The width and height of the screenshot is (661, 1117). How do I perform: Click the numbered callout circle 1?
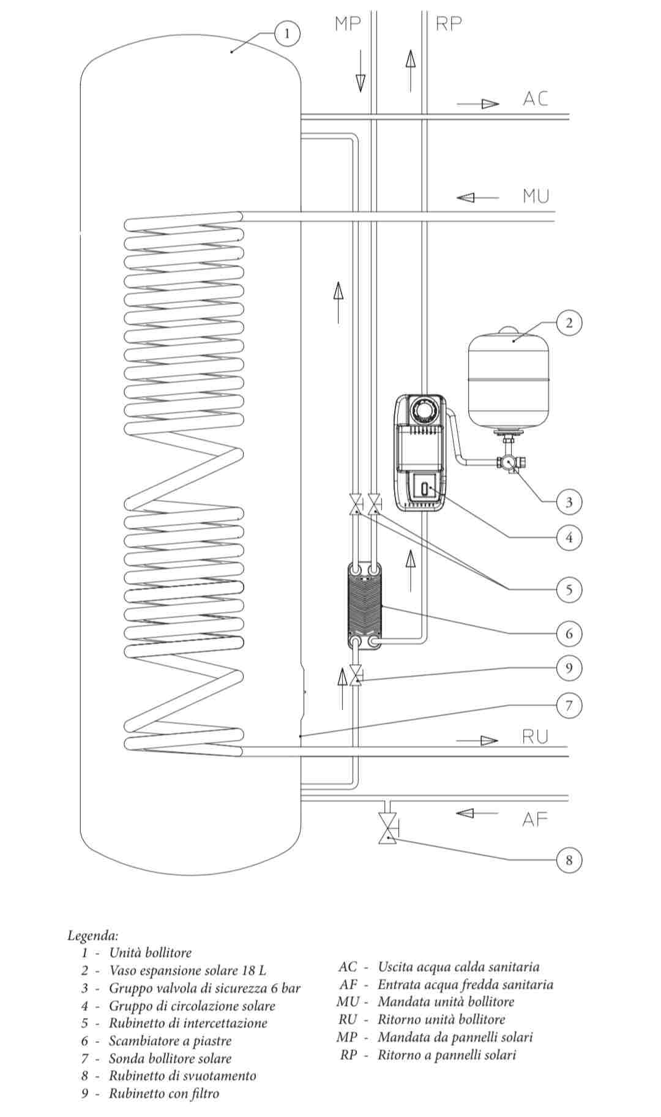pyautogui.click(x=288, y=33)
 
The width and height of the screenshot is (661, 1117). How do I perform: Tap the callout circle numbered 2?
pyautogui.click(x=569, y=323)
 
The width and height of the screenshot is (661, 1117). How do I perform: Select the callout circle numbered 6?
pyautogui.click(x=569, y=633)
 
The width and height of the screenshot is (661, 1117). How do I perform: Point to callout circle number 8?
pyautogui.click(x=569, y=860)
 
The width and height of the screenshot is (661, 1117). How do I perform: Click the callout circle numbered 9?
pyautogui.click(x=569, y=667)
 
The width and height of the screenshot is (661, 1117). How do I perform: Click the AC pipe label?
pyautogui.click(x=536, y=99)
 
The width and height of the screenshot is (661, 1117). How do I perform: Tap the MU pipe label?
pyautogui.click(x=536, y=196)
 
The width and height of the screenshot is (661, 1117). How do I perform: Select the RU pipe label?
pyautogui.click(x=536, y=736)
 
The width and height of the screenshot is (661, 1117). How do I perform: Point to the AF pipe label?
pyautogui.click(x=535, y=819)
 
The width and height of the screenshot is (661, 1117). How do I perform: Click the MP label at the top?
pyautogui.click(x=348, y=24)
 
